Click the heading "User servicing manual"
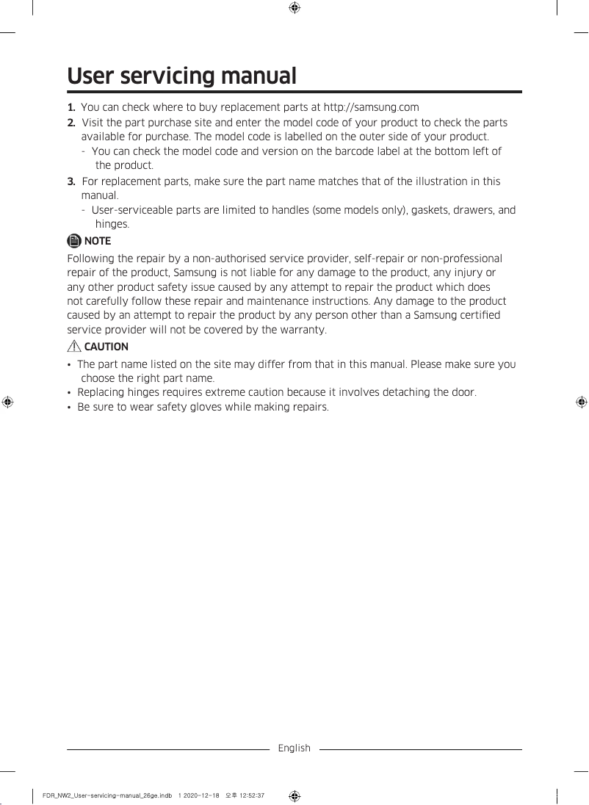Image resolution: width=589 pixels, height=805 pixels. [181, 76]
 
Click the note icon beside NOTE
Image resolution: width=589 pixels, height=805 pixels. [74, 241]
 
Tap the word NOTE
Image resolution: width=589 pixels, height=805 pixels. [98, 241]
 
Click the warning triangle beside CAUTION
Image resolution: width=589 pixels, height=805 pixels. [74, 347]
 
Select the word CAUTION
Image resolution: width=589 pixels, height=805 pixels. [106, 347]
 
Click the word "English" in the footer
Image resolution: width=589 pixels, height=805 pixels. [294, 748]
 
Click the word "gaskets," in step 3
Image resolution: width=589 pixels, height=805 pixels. [430, 210]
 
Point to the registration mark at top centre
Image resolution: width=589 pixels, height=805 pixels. [294, 8]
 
